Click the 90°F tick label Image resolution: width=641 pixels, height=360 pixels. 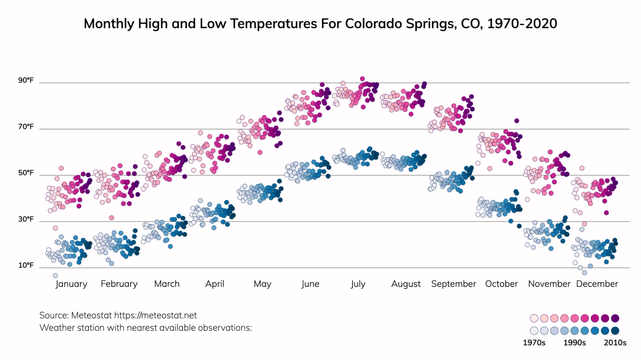[26, 80]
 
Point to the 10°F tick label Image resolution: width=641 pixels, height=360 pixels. [26, 265]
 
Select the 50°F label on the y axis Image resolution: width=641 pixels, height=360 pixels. [26, 173]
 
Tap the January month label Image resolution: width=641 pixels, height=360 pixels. [71, 284]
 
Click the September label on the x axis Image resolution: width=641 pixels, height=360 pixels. [453, 284]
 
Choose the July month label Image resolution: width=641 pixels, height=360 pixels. [358, 284]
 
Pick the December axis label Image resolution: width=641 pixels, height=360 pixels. [597, 284]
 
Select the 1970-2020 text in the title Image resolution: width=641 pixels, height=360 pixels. [522, 24]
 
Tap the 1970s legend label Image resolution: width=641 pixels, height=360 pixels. [534, 343]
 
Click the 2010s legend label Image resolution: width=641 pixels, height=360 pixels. [615, 343]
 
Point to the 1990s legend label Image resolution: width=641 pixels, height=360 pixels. [575, 343]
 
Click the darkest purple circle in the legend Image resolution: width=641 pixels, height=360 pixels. [615, 318]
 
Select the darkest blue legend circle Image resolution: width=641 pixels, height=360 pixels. [615, 331]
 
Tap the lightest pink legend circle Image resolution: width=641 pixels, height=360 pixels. [534, 318]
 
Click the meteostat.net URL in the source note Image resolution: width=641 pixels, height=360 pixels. [155, 315]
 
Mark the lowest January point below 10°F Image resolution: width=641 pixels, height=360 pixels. [55, 276]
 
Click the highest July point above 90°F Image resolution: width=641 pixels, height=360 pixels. [362, 79]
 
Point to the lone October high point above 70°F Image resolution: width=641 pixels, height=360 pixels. [516, 121]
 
